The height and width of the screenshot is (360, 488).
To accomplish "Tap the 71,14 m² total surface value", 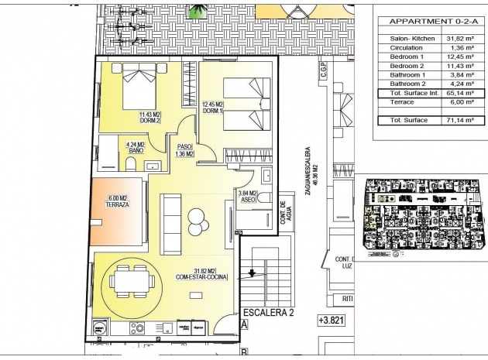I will pyautogui.click(x=462, y=121).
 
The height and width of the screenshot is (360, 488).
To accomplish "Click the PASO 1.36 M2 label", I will pyautogui.click(x=184, y=150).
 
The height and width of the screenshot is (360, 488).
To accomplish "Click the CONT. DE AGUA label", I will pyautogui.click(x=284, y=214).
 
